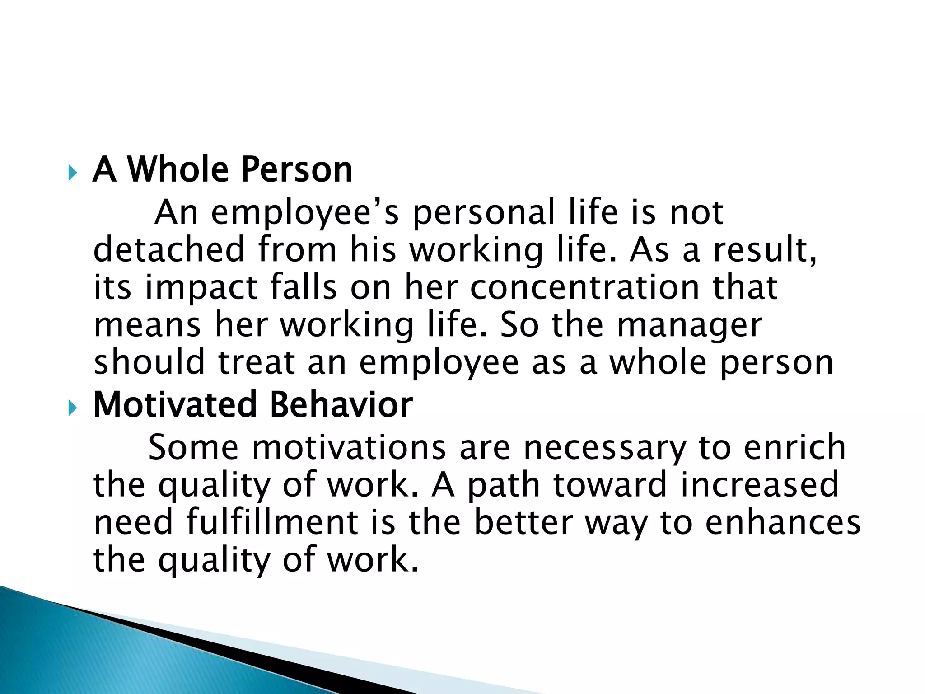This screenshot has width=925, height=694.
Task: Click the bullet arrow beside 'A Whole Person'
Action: coord(73,173)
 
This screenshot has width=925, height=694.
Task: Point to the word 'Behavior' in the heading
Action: coord(341,404)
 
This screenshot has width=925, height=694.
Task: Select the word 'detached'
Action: coord(169,249)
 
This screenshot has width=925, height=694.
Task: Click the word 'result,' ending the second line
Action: coord(765,249)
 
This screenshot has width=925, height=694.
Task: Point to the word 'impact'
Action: coord(201,288)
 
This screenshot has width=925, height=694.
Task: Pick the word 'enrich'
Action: coord(794,447)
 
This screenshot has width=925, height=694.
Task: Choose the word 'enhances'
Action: coord(783,523)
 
